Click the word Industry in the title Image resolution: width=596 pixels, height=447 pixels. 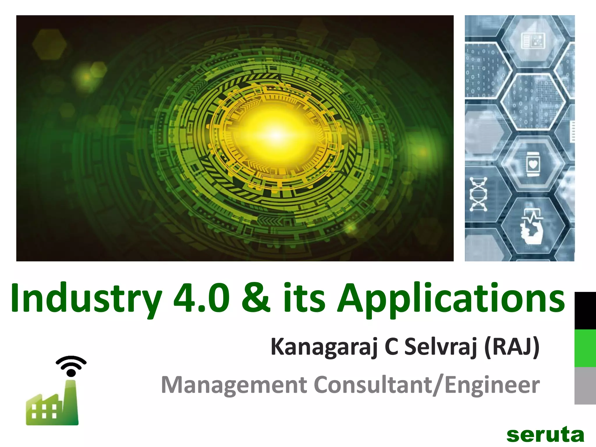click(x=86, y=299)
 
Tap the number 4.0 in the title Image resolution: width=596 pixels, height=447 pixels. click(x=201, y=298)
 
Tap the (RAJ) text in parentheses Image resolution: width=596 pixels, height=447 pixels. click(x=512, y=347)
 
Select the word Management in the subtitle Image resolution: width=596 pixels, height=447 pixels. click(x=234, y=385)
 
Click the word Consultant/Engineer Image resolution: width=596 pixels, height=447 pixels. click(x=427, y=385)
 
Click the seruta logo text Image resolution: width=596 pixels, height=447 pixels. click(x=545, y=435)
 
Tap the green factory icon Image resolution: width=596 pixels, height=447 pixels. click(x=53, y=405)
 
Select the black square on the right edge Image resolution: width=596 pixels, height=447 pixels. click(x=585, y=311)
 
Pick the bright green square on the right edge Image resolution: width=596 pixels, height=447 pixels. click(x=585, y=348)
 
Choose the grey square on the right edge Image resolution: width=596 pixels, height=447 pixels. click(x=585, y=386)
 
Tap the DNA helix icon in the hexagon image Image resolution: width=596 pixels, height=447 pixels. click(x=478, y=194)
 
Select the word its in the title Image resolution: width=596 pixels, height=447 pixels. click(x=304, y=298)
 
